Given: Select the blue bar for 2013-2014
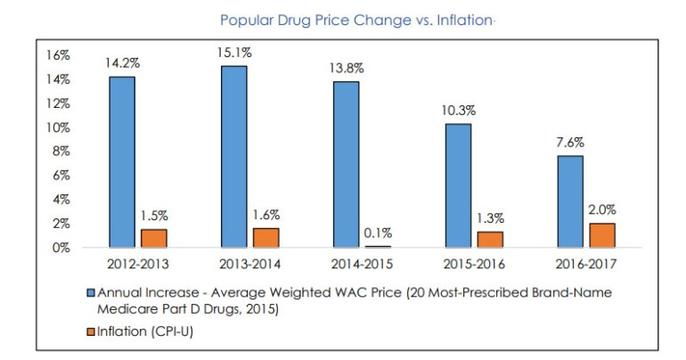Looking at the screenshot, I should (x=233, y=157).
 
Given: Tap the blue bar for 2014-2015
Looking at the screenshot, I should (x=347, y=165).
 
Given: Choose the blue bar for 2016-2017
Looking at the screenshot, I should (x=571, y=201).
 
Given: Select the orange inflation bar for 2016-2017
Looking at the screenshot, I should (x=603, y=235).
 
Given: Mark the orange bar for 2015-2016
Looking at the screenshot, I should (x=491, y=240).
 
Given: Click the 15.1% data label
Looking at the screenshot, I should (x=233, y=52).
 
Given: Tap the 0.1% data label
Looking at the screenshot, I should (x=377, y=233).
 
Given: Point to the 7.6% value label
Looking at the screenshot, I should (x=571, y=143).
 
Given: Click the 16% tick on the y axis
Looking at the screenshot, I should (x=57, y=55).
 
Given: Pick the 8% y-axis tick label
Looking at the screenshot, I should (x=61, y=151).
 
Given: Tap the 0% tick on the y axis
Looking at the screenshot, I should (x=61, y=248).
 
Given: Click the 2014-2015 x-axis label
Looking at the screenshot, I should (x=361, y=265).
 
